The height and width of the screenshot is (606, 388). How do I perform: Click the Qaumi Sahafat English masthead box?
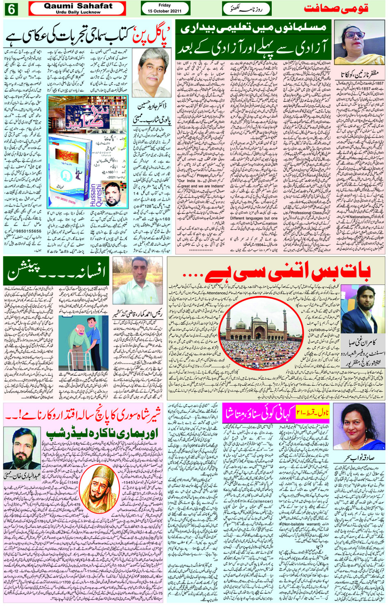tap(78, 8)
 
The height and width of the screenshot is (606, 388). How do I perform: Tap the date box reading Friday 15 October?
tap(165, 8)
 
